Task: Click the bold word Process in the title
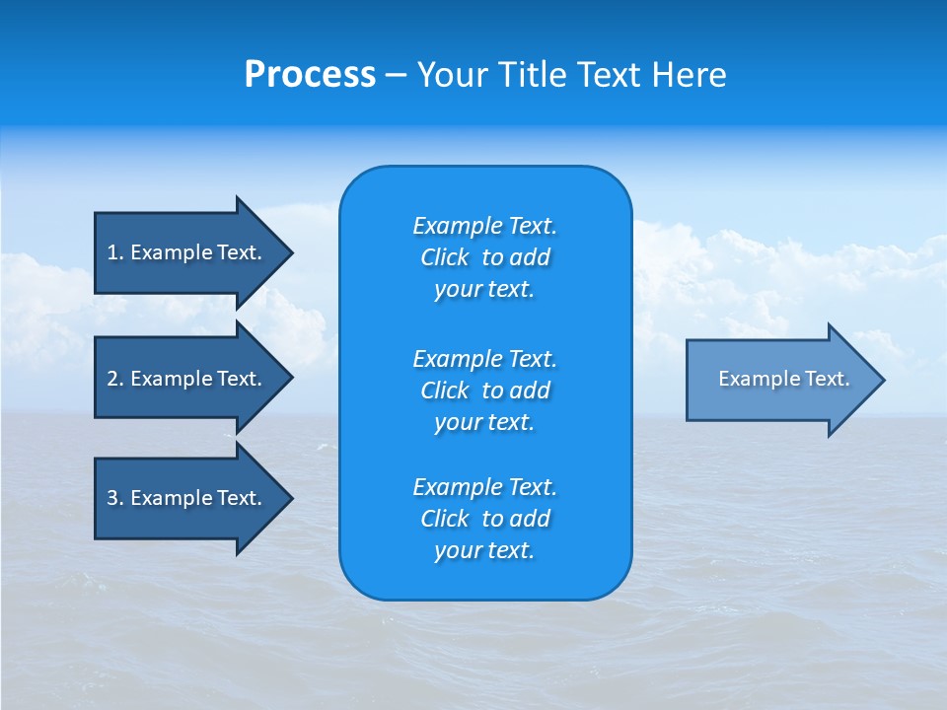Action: (x=310, y=75)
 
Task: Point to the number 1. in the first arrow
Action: (x=114, y=252)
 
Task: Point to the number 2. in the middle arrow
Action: (x=114, y=379)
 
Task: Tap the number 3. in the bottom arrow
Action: (x=114, y=498)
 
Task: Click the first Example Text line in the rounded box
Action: (x=484, y=226)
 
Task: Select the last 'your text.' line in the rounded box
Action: (x=484, y=550)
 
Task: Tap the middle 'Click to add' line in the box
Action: (x=484, y=390)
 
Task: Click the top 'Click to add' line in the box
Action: (x=484, y=257)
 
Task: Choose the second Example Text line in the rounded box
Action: (x=484, y=358)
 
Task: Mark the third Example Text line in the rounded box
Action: (x=484, y=487)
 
